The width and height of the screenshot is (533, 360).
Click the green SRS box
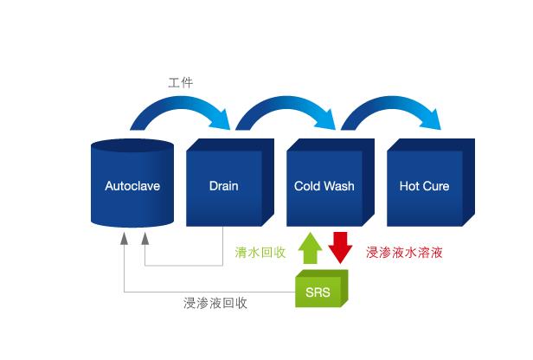(x=321, y=290)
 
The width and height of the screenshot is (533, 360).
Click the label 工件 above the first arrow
(x=180, y=83)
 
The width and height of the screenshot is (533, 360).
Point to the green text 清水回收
(x=260, y=253)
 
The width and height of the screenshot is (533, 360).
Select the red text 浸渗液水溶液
(x=404, y=253)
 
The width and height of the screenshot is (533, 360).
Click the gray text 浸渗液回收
(x=215, y=303)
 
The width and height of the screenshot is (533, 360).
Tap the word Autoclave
(x=132, y=186)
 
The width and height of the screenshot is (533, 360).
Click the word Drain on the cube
(x=223, y=186)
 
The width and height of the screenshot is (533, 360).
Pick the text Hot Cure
(x=424, y=186)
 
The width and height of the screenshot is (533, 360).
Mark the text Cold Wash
(x=324, y=186)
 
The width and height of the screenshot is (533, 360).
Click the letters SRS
(x=318, y=292)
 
